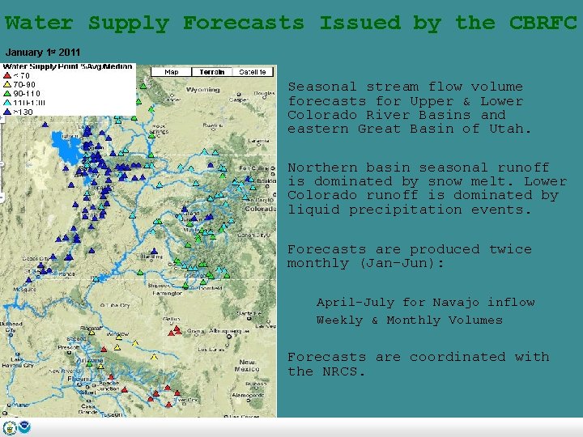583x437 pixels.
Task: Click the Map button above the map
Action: [172, 72]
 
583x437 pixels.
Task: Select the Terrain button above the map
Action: [211, 72]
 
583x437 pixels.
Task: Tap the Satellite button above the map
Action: [253, 72]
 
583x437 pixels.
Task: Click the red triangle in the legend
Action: [7, 75]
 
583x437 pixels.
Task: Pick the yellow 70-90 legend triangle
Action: [7, 84]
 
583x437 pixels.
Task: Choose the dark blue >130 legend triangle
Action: [7, 112]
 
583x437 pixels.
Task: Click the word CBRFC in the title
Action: [543, 23]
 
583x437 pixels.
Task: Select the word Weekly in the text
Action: [339, 320]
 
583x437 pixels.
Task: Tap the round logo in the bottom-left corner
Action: [10, 428]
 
